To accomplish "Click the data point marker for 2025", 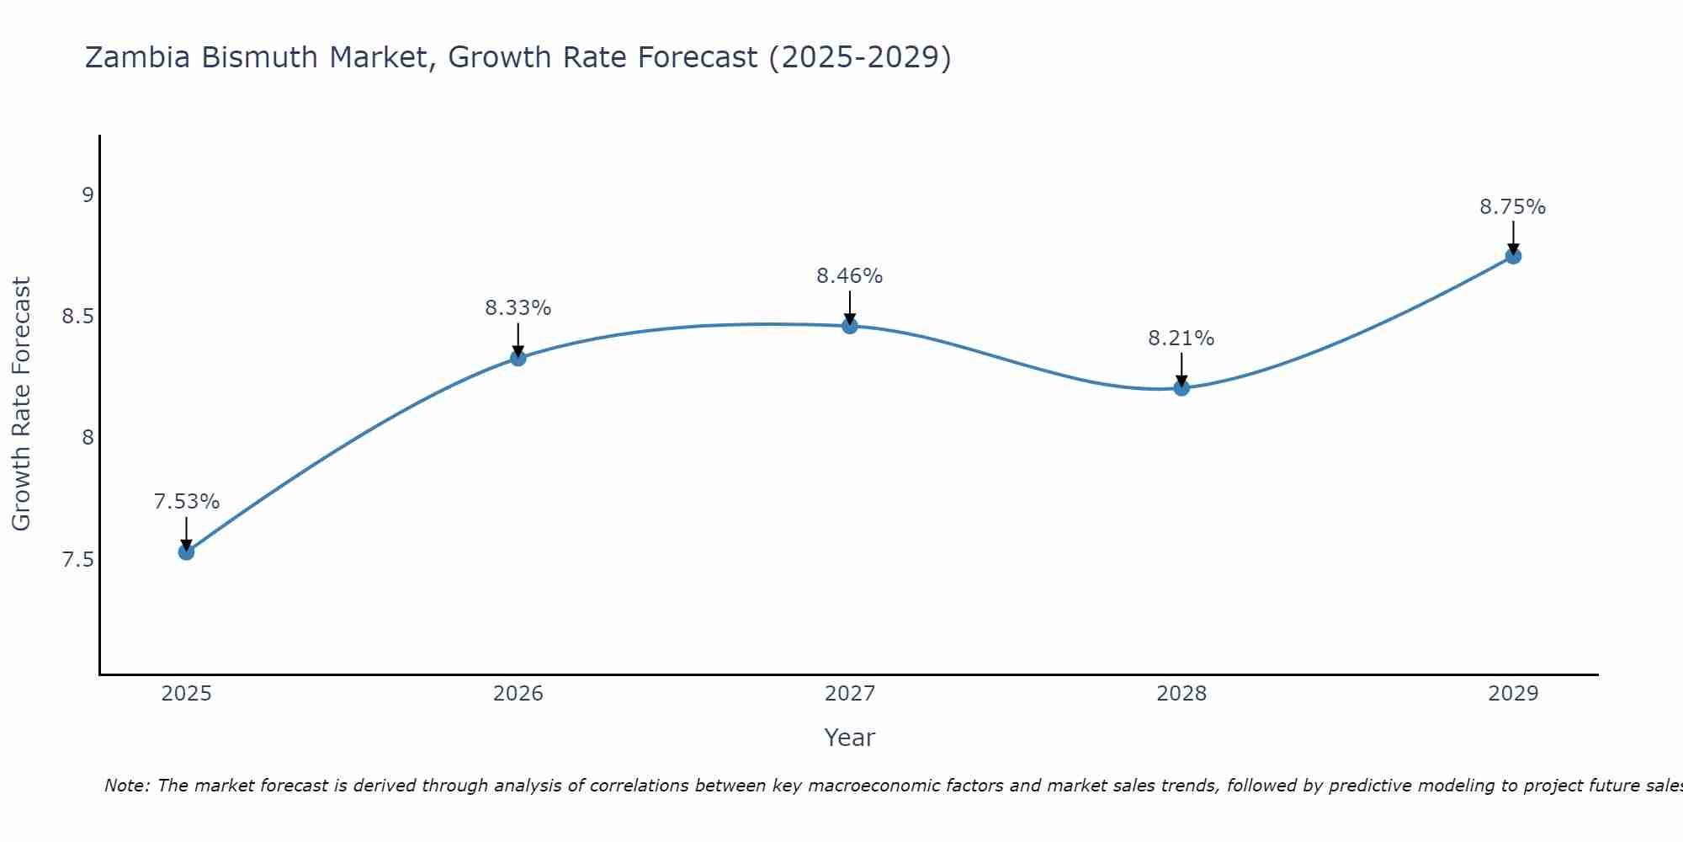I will pos(187,552).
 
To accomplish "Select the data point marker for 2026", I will pos(518,358).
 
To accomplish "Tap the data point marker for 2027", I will pos(850,326).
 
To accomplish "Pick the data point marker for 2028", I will pos(1181,387).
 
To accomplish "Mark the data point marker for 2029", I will pos(1513,256).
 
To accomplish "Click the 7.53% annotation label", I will pos(187,502).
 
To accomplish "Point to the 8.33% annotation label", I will pos(518,308).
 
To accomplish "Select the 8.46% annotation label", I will pos(850,276).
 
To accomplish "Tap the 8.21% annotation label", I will pos(1181,338).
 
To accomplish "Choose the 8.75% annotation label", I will pos(1513,207).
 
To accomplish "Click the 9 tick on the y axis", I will pos(88,195).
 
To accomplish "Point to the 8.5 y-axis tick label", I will pos(77,317).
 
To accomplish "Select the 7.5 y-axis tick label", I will pos(77,560).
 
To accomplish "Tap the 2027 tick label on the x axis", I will pos(850,694).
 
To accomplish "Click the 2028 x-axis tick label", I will pos(1181,694).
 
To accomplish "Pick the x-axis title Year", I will pos(850,738).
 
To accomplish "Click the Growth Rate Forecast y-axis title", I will pos(22,404).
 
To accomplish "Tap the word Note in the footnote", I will pos(126,786).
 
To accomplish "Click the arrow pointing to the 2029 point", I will pos(1513,237).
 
